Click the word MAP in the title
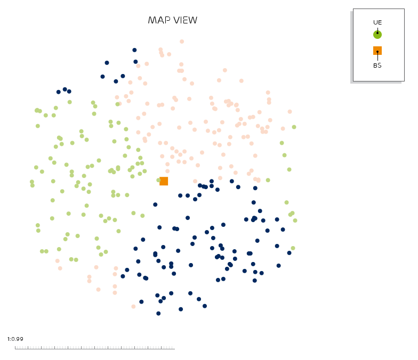coord(159,20)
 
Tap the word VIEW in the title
coord(186,20)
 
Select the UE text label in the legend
coord(377,22)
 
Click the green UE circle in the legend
coord(377,35)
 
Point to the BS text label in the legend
coord(377,66)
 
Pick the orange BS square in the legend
coord(377,51)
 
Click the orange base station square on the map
coord(164,181)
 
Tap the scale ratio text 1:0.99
coord(15,339)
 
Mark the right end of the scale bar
coord(175,348)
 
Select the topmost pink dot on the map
coord(182,42)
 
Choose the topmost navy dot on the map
coord(134,50)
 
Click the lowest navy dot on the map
coord(158,313)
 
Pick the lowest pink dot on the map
coord(133,307)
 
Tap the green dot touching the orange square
coord(158,180)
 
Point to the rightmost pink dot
coord(290,112)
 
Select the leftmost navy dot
coord(59,92)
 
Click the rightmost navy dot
coord(289,253)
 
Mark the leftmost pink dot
coord(58,261)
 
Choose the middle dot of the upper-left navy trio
coord(65,89)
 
